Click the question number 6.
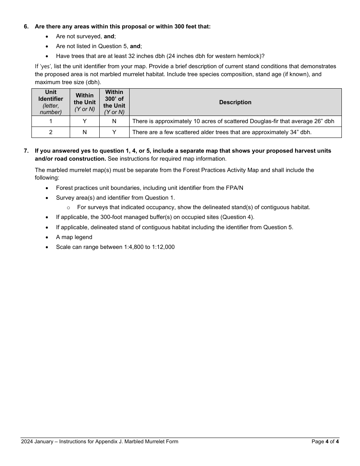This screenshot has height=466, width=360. [x=26, y=27]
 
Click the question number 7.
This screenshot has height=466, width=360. [x=26, y=151]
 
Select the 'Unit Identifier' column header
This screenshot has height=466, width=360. [x=51, y=102]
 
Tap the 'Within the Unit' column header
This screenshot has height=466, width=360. [x=85, y=102]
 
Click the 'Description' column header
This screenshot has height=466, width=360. [x=235, y=102]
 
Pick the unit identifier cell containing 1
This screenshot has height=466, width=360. [x=51, y=121]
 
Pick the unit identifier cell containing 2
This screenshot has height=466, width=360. [x=51, y=132]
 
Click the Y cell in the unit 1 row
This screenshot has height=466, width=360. [x=85, y=121]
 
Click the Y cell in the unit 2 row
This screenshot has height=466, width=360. [x=114, y=132]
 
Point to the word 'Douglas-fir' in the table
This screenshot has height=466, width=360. [x=264, y=121]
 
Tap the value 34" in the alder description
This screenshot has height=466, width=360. [x=283, y=132]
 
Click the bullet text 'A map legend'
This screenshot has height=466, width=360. [x=74, y=237]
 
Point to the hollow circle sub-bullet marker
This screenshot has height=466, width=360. [x=68, y=208]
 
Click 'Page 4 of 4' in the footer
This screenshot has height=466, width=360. [x=325, y=441]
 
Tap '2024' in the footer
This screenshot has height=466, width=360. [x=27, y=441]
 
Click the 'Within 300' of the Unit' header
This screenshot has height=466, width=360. [x=114, y=102]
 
